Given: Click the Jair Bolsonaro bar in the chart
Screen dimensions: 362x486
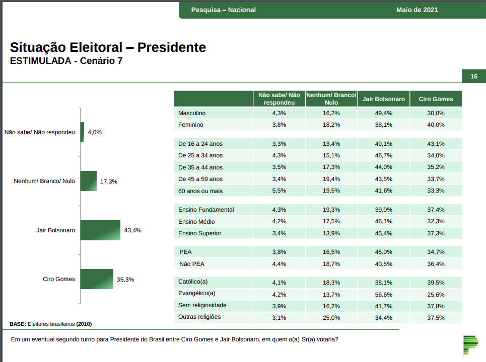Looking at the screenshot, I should [x=100, y=230].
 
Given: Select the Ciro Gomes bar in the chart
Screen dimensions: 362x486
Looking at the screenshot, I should [x=97, y=279].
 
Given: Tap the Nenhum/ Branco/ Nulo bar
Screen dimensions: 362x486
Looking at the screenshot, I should [x=88, y=181].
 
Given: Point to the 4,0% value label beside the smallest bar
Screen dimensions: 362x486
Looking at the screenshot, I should [x=95, y=132].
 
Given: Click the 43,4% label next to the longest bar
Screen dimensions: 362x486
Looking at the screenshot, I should [x=132, y=230].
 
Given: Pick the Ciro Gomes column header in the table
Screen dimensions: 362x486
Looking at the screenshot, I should [x=436, y=99].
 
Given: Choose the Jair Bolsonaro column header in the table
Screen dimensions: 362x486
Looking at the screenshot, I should [x=384, y=99].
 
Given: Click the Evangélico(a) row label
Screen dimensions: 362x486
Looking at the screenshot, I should [x=196, y=294].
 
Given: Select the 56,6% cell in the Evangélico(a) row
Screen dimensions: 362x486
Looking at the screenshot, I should [x=384, y=294].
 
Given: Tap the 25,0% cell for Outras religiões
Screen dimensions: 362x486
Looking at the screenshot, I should [x=331, y=317].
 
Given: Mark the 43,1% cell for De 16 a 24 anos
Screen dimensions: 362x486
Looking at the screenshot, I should [x=436, y=144].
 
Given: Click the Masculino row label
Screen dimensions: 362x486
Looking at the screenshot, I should [x=192, y=113].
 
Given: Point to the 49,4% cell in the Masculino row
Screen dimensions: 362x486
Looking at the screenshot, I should [x=384, y=113].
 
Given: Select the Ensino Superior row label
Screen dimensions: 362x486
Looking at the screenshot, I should [x=200, y=233].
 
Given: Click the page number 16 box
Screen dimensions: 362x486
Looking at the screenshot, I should [x=474, y=76].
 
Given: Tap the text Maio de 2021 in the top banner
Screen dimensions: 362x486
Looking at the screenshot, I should [x=417, y=10].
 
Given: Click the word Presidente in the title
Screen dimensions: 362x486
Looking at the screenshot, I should [x=172, y=47].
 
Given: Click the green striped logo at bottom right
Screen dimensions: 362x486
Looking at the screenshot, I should [x=471, y=344].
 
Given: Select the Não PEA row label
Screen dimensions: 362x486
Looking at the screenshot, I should [x=192, y=263].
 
